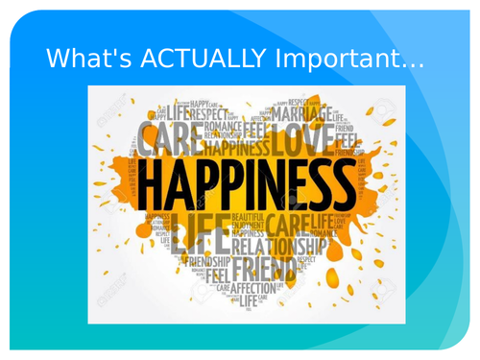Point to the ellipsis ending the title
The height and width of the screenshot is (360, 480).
click(x=411, y=62)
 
